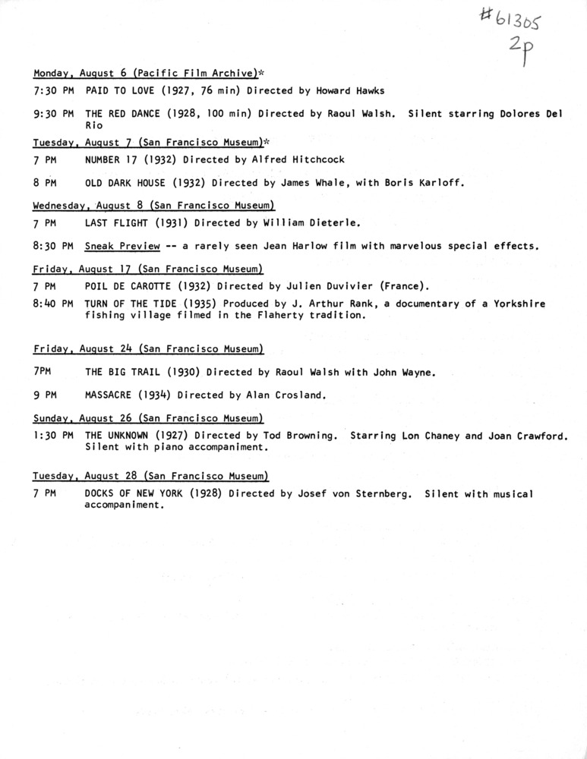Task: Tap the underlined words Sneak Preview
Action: pyautogui.click(x=122, y=246)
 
